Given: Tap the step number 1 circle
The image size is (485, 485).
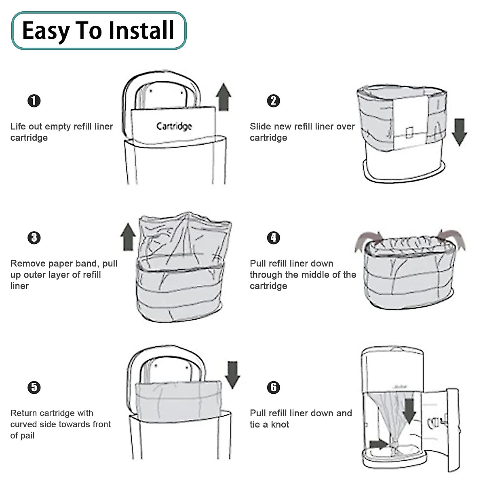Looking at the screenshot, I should [x=34, y=101].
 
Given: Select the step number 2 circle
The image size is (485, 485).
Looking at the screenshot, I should [x=274, y=101].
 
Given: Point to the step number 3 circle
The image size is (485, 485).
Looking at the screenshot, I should [x=34, y=238].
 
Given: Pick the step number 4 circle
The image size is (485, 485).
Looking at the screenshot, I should [x=274, y=238].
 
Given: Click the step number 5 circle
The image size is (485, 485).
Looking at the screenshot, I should [x=34, y=387].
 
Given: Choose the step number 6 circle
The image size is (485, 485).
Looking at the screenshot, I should [x=274, y=387].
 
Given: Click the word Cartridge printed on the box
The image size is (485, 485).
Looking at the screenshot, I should [x=174, y=127].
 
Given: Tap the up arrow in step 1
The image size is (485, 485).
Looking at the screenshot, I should [x=224, y=97].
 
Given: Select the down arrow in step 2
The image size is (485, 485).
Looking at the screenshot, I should [x=459, y=132].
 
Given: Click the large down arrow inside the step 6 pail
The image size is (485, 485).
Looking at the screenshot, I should [x=409, y=411].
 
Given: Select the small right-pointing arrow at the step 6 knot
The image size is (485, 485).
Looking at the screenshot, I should [x=378, y=444].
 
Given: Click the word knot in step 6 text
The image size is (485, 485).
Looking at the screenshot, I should [x=280, y=424].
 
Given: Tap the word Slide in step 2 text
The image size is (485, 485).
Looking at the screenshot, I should [x=260, y=127].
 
